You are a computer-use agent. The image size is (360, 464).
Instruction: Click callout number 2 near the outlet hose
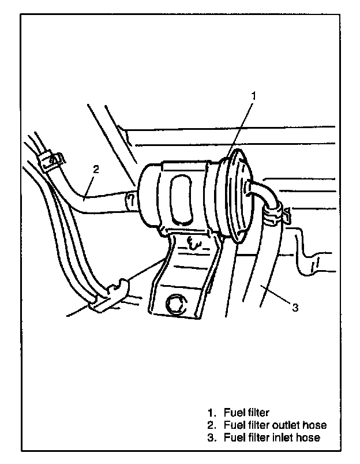point(96,169)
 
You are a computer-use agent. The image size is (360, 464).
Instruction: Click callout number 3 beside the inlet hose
point(295,308)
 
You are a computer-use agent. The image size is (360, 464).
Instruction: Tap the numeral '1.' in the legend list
point(212,413)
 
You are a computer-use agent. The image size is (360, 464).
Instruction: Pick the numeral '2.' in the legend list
point(212,425)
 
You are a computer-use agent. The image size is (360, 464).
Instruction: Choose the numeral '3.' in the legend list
point(212,437)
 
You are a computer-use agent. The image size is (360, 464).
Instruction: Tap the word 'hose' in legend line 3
point(309,437)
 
